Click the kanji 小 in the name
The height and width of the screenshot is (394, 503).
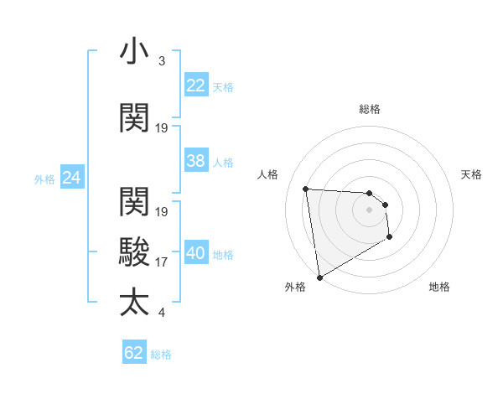pos(134,51)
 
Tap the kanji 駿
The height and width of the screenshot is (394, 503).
pos(134,251)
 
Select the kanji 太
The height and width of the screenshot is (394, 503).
pos(134,302)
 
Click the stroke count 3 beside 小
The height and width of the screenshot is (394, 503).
pos(162,61)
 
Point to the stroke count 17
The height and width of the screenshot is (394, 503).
pos(162,262)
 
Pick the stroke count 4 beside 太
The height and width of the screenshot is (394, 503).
pos(162,314)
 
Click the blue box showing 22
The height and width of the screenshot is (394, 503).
pos(196,86)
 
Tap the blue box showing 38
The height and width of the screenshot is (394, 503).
pos(196,161)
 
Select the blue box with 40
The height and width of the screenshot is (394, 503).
pos(196,254)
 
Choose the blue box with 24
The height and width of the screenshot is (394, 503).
pos(72,178)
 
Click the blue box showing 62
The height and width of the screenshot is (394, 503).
pos(134,353)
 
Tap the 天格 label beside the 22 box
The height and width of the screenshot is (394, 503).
pos(223,87)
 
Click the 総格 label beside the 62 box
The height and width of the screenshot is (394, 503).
pos(161,355)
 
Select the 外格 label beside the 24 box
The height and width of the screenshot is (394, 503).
pos(44,179)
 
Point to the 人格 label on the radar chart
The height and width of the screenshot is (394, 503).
pos(268,174)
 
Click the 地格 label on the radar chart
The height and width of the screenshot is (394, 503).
pos(439,287)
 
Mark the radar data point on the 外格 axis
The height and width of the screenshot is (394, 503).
pos(319,277)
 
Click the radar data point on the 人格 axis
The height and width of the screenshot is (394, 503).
pos(306,189)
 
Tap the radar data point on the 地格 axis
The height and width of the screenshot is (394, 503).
pos(390,238)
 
